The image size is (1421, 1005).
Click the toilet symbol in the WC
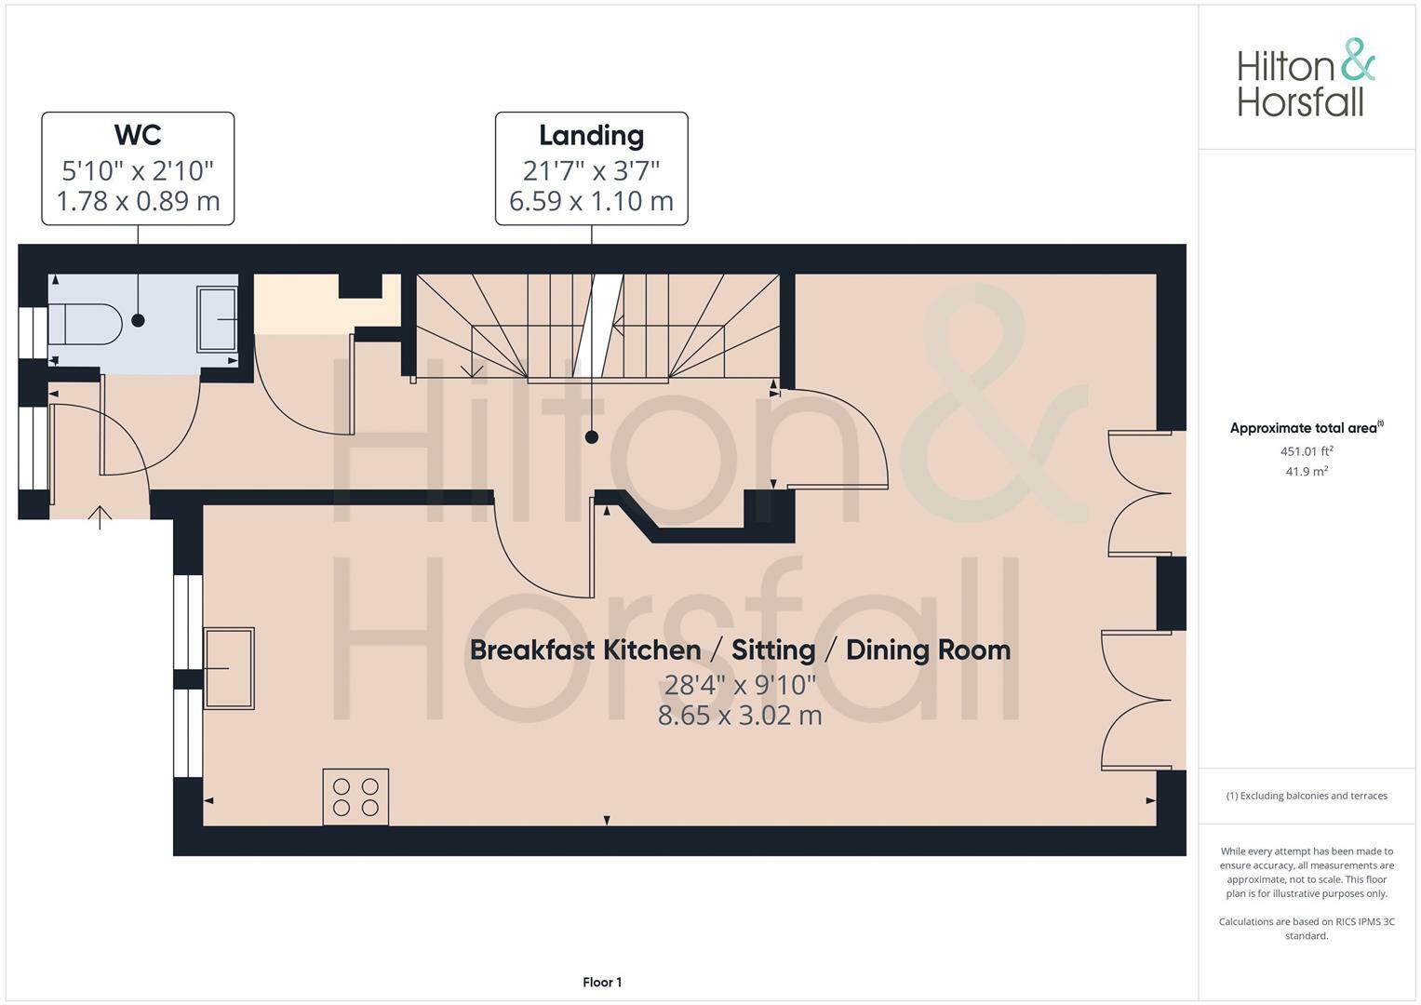coord(85,324)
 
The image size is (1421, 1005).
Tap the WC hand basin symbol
coord(217,319)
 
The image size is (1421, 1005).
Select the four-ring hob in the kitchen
coord(355,797)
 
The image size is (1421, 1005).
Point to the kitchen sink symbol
coord(229,668)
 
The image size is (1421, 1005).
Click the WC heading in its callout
coord(138,135)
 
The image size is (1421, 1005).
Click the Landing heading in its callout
coord(591,136)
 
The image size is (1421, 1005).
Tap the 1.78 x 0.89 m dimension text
coord(139,201)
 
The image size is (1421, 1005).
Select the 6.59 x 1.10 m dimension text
coord(591,201)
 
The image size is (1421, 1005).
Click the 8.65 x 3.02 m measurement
coord(740,716)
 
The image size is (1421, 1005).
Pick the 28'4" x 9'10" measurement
coord(740,685)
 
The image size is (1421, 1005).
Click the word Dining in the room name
coord(888,650)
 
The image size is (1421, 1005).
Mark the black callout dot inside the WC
coord(138,320)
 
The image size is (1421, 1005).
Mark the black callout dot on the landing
coord(592,437)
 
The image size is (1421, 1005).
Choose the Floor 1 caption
coord(602,982)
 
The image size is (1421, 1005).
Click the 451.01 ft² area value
coord(1307,451)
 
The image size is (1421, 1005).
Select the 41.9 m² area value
coord(1307,472)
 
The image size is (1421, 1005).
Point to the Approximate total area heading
coord(1307,428)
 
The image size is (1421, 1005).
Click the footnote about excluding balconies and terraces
coord(1307,796)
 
